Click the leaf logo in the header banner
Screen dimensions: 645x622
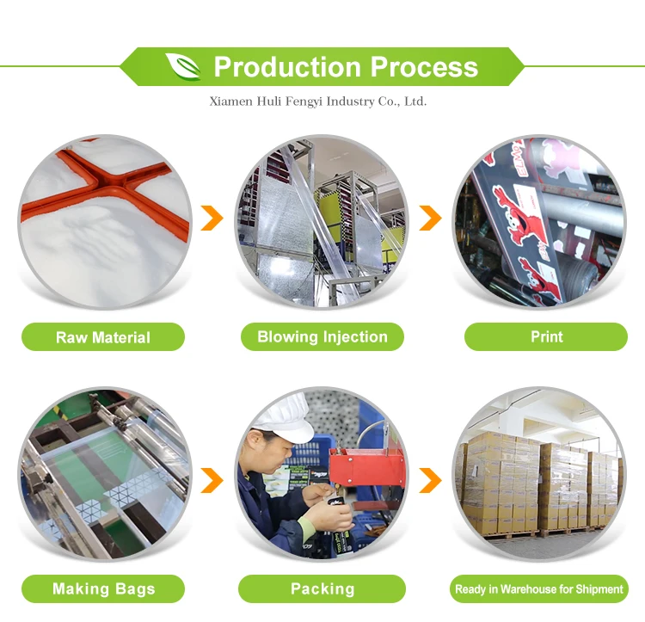point(182,66)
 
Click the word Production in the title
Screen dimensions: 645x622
point(287,66)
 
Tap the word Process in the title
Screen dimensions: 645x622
point(423,66)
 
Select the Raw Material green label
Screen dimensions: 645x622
point(103,337)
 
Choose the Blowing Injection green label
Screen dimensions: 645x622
point(322,336)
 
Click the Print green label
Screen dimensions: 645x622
point(546,336)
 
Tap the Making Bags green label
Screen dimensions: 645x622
point(103,589)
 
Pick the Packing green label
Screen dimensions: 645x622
point(322,589)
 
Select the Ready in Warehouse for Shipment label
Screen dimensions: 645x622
point(539,589)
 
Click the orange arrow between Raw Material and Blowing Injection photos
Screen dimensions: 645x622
point(212,219)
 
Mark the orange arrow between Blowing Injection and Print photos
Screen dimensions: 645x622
point(430,219)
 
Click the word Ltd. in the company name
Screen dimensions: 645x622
point(415,102)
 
